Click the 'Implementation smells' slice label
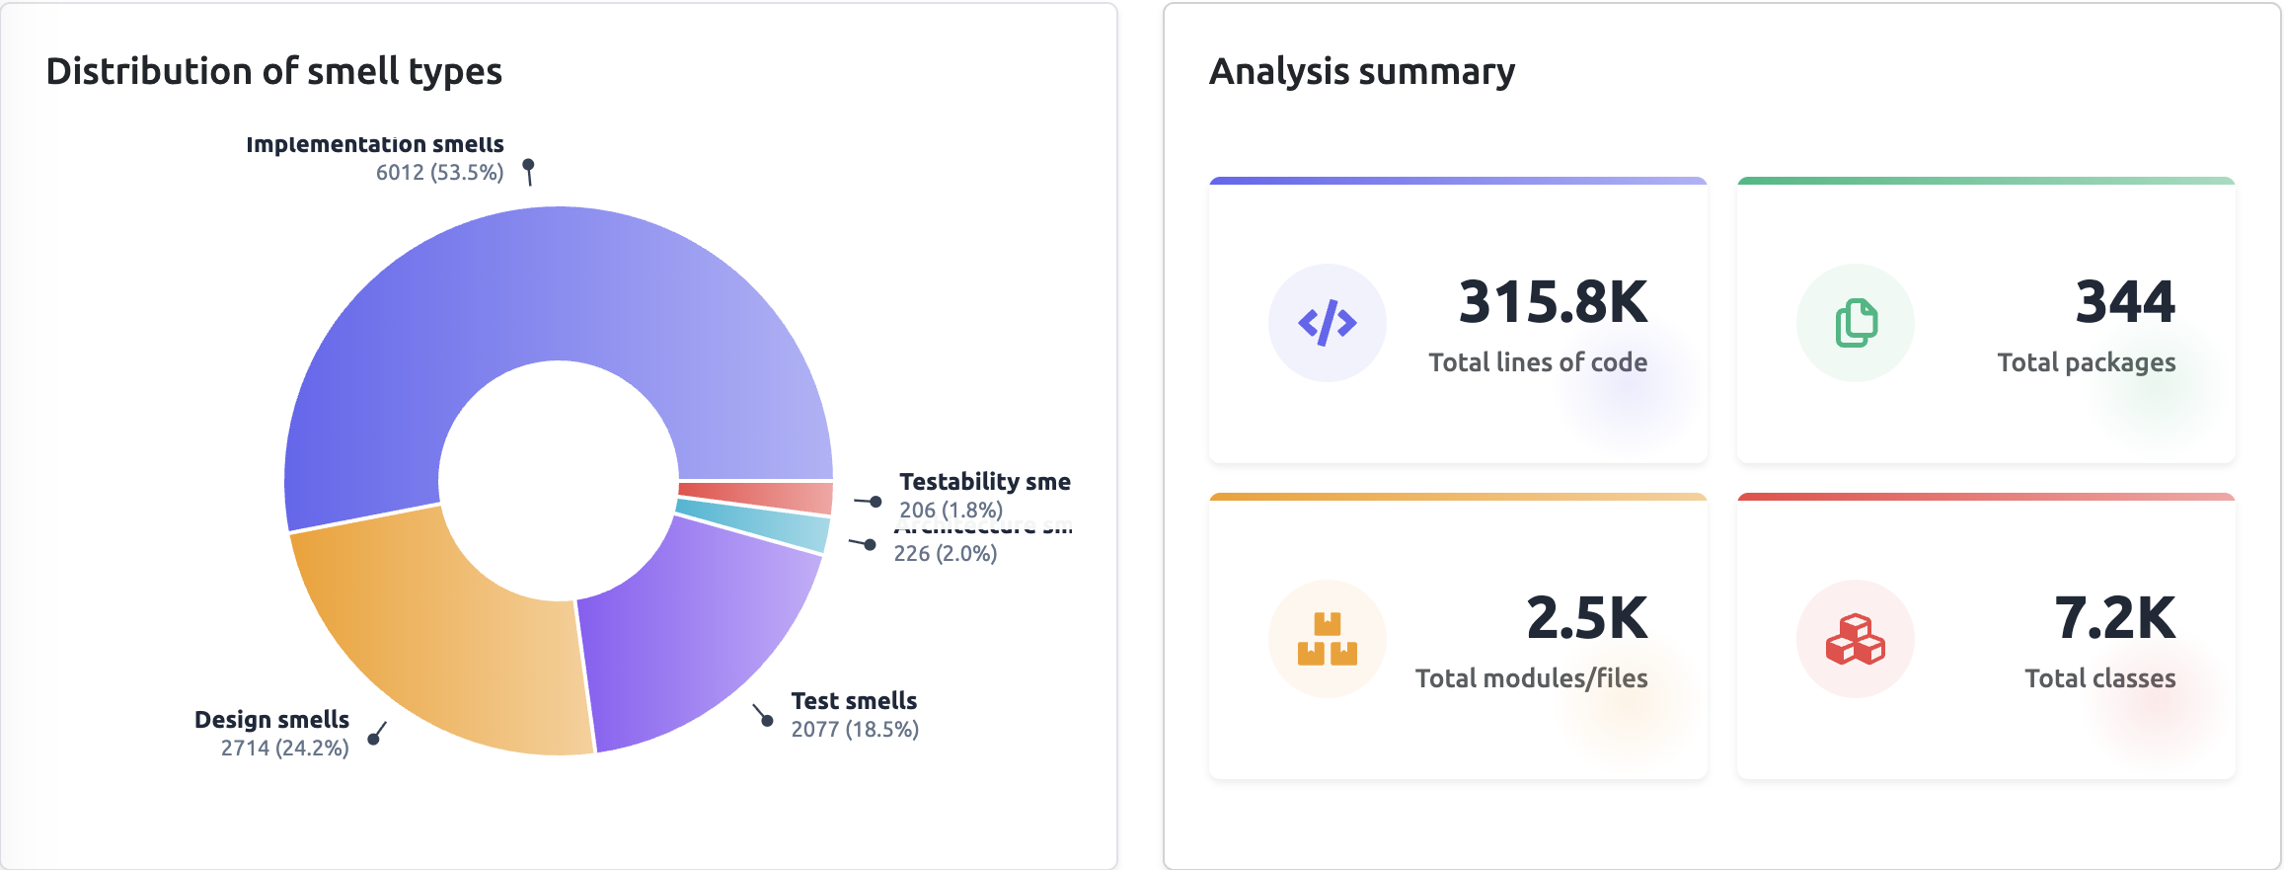click(375, 144)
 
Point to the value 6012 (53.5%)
click(439, 173)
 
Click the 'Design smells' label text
click(271, 719)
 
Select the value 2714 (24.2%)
click(284, 748)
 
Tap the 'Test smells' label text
click(854, 701)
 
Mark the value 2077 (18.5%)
click(855, 730)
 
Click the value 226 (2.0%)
click(946, 554)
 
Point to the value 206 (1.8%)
click(951, 510)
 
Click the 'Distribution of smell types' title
click(273, 71)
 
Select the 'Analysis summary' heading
click(1362, 71)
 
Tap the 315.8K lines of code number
click(1553, 302)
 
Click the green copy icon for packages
click(1856, 323)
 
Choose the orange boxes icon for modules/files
click(1328, 639)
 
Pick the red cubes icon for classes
click(1856, 639)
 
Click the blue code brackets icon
click(1328, 323)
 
